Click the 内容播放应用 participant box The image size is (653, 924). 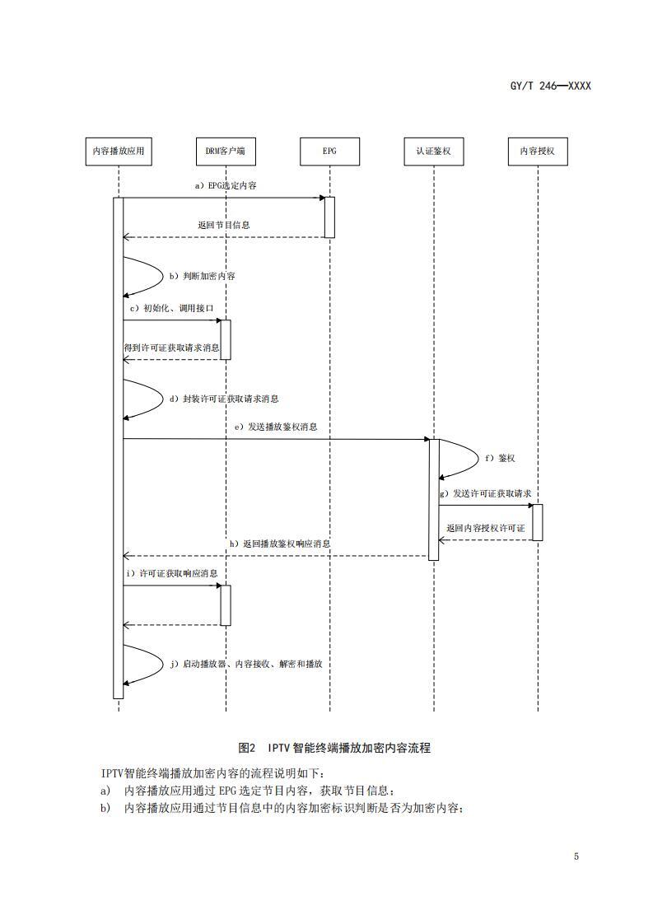(119, 151)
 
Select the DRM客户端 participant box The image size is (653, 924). (225, 151)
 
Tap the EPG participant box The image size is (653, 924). (329, 151)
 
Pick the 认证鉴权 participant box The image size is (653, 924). (433, 151)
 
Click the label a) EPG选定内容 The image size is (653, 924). (226, 186)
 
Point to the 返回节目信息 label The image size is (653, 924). (224, 224)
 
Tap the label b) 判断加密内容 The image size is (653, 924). (203, 276)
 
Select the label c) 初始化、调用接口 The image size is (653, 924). (173, 308)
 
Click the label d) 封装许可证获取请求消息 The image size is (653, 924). (224, 399)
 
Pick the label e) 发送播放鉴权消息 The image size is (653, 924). (276, 427)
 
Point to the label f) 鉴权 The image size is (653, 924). (500, 457)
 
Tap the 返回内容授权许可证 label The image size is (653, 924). (486, 528)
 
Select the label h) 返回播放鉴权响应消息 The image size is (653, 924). (280, 544)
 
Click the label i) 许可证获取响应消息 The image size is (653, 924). (172, 572)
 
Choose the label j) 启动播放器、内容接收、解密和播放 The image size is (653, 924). (250, 664)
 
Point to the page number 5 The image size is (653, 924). (576, 856)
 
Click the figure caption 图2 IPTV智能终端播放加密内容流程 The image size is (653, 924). (334, 748)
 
